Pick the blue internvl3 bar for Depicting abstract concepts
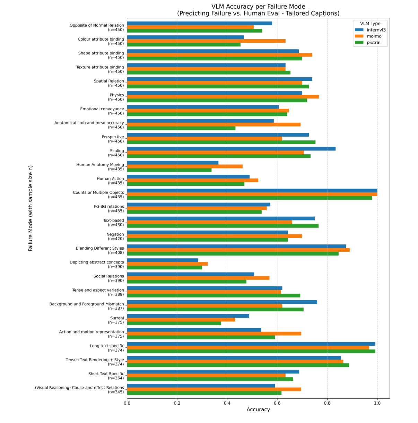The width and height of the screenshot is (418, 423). point(163,260)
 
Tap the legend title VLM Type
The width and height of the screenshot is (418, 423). point(370,24)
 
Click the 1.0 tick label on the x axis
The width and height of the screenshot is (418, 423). point(377,403)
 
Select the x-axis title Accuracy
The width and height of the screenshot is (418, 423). point(258,409)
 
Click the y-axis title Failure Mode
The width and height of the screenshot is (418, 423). point(31,208)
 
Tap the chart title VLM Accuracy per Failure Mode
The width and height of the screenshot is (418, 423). point(258,7)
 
